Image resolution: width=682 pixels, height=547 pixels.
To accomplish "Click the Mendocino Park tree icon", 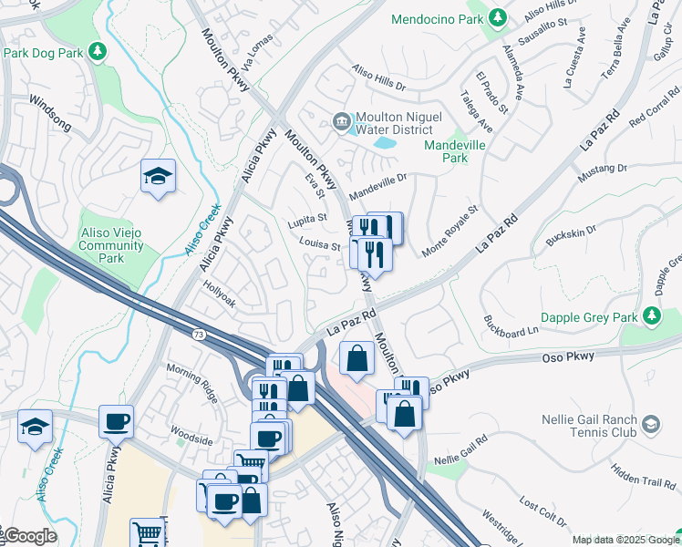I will (x=497, y=18).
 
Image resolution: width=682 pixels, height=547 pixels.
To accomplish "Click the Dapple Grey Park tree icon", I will (x=651, y=316).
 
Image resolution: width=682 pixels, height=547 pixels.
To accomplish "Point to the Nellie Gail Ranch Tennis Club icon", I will (x=651, y=424).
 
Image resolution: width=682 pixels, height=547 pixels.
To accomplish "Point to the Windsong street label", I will (x=49, y=108).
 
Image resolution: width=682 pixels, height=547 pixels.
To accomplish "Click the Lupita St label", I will (x=308, y=219).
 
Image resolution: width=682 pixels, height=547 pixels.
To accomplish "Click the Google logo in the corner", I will (x=29, y=536).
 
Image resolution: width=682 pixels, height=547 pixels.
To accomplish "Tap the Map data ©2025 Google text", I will (x=625, y=540).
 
